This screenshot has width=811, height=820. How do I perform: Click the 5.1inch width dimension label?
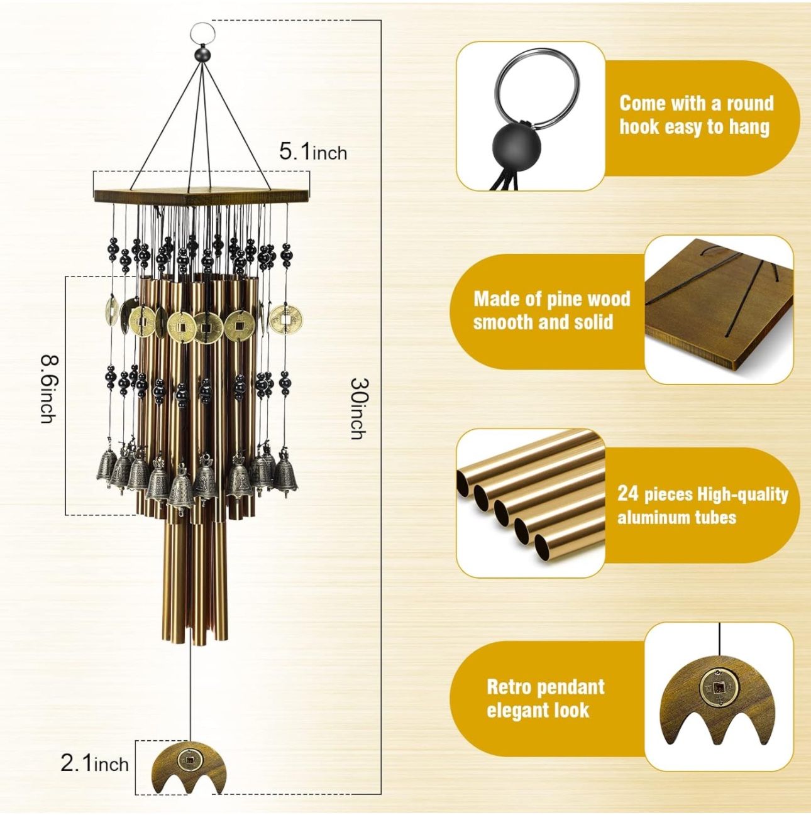tap(313, 152)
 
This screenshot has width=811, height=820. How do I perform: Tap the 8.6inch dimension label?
tap(48, 390)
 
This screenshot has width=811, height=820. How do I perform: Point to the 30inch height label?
tap(358, 408)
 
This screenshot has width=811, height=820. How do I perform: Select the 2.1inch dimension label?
tap(94, 765)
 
